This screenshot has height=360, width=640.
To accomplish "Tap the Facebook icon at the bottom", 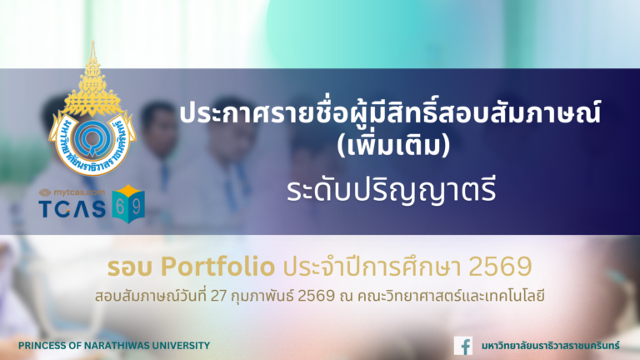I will point(463,345).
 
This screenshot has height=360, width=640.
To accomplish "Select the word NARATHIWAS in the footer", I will point(116,345).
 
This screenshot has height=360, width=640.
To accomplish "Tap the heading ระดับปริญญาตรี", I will point(332,189).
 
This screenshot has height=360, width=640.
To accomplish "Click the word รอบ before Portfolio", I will point(131,267).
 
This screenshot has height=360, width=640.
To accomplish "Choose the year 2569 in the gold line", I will point(499,267).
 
